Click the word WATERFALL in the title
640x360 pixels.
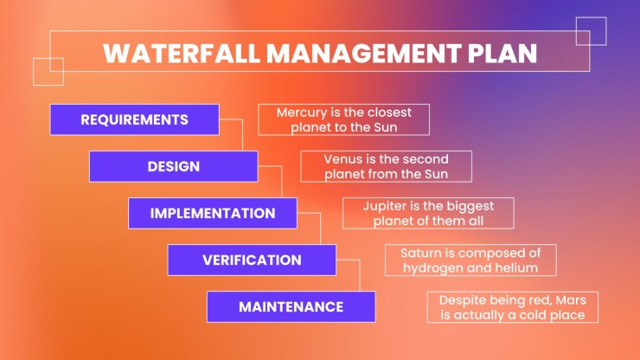click(x=182, y=53)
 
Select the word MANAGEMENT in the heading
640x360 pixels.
click(x=364, y=53)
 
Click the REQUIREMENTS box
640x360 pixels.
click(x=135, y=119)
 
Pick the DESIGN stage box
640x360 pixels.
click(x=174, y=166)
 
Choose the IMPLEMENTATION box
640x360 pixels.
click(x=213, y=213)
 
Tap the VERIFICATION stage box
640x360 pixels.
click(x=252, y=260)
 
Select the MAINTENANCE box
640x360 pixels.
click(x=291, y=307)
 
